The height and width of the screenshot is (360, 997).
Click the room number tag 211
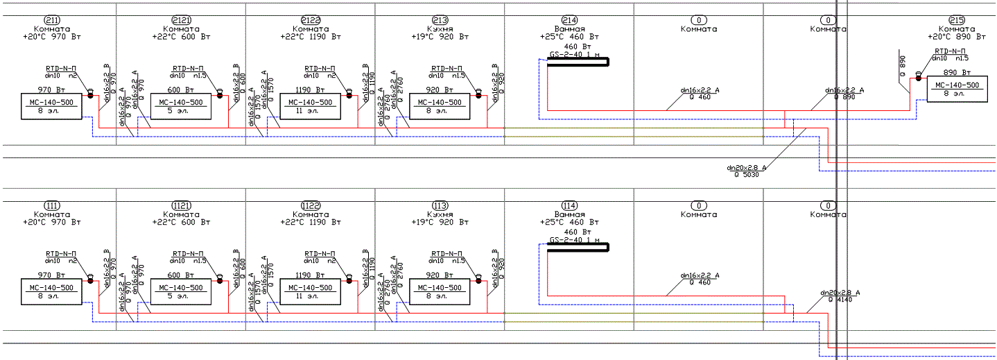(52, 21)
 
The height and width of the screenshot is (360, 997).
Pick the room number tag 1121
(182, 206)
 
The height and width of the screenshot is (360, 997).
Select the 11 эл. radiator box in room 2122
(310, 107)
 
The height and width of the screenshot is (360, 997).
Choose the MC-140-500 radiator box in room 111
(52, 292)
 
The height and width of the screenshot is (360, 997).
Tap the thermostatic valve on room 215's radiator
(918, 75)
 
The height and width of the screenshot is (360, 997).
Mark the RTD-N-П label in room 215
(950, 51)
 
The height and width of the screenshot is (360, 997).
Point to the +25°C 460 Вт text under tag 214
(569, 37)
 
